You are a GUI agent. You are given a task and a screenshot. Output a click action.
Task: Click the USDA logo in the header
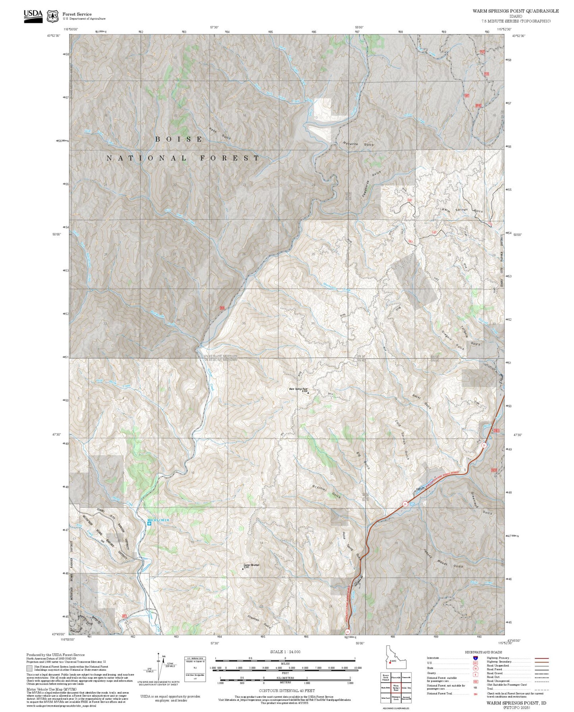[x=33, y=16]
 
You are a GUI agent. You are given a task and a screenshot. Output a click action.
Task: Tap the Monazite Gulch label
[x=358, y=144]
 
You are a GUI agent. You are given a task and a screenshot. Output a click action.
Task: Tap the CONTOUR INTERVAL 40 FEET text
[x=286, y=691]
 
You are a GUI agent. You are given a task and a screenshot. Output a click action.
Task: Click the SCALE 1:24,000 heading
[x=285, y=652]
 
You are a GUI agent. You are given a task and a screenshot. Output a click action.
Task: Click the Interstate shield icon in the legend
[x=475, y=658]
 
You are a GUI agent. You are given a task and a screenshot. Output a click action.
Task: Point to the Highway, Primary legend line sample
[x=541, y=658]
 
